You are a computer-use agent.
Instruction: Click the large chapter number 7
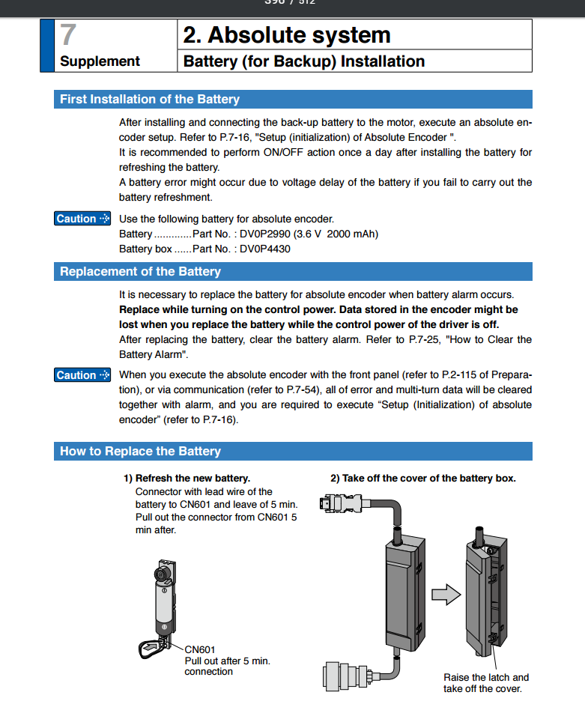tap(69, 35)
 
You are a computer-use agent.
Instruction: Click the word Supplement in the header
tap(100, 61)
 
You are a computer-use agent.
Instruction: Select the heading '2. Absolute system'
tap(287, 35)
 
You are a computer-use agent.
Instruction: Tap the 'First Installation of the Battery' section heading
tap(150, 100)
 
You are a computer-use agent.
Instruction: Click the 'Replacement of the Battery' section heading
tap(140, 272)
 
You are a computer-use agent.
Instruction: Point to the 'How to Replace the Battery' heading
tap(140, 452)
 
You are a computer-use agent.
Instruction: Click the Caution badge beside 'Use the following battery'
tap(82, 219)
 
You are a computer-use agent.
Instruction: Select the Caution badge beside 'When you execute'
tap(82, 375)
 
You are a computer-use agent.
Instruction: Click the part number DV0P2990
tap(267, 234)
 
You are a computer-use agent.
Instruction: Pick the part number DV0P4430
tap(265, 249)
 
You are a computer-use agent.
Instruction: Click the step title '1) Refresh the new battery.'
tap(187, 478)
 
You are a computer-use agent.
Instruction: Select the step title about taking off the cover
tap(423, 478)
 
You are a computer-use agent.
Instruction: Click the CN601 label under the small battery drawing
tap(200, 649)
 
